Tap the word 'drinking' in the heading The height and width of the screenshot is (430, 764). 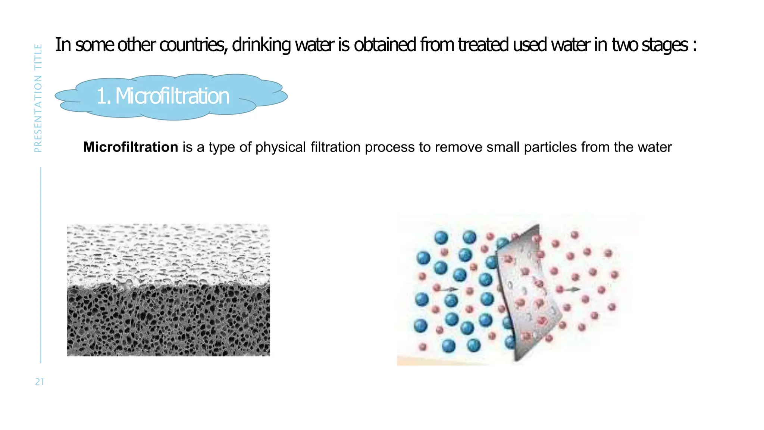[261, 45]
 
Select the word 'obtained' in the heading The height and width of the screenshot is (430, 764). [385, 45]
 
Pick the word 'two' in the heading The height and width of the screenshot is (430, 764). [625, 45]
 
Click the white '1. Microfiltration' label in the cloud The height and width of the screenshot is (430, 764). [163, 96]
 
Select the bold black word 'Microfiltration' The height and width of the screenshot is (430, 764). [131, 147]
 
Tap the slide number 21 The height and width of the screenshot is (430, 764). [40, 382]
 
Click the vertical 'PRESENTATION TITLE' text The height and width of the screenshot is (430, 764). [38, 98]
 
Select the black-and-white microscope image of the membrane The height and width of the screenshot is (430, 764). [168, 290]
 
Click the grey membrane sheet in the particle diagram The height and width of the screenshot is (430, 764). [526, 291]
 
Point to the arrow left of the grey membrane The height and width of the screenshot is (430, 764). [450, 289]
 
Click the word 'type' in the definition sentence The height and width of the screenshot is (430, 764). [222, 147]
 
